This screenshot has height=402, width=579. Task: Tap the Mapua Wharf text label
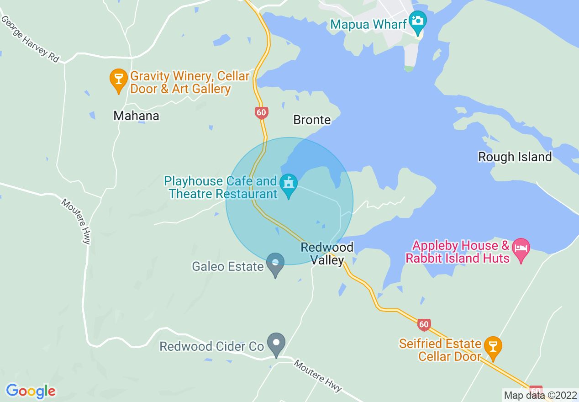click(x=368, y=24)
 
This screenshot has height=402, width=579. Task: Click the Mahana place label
click(x=136, y=116)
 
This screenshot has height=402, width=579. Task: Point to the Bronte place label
click(x=312, y=120)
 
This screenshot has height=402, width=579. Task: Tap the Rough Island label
click(x=515, y=157)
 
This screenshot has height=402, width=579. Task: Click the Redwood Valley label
click(x=327, y=254)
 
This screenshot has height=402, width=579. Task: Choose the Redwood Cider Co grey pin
click(x=276, y=344)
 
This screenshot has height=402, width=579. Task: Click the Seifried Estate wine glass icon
click(x=493, y=346)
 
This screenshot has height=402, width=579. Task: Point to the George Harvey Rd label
click(x=30, y=39)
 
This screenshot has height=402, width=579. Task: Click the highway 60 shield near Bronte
click(x=261, y=112)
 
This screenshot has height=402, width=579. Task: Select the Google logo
click(x=31, y=391)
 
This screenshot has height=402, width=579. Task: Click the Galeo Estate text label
click(x=228, y=266)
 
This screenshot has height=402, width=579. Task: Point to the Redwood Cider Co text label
click(x=211, y=347)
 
